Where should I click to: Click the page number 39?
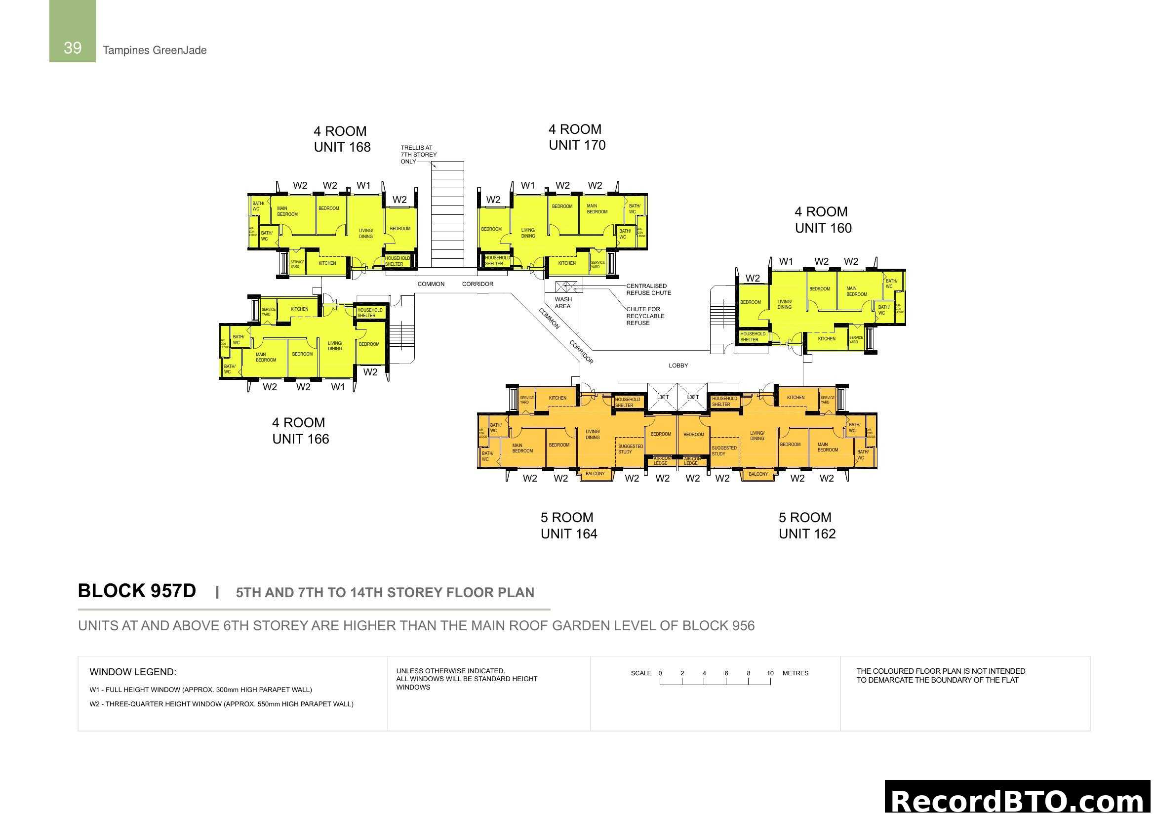[x=73, y=48]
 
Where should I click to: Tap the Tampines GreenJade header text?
[x=155, y=50]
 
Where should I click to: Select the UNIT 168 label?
[x=342, y=147]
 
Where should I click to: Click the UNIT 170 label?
[x=577, y=145]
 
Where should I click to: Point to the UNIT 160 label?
[x=823, y=228]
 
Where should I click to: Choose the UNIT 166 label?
[x=300, y=439]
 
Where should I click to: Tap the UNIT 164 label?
[x=568, y=534]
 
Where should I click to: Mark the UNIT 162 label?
[x=807, y=534]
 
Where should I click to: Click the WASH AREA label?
[x=563, y=303]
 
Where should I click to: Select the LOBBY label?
[x=678, y=366]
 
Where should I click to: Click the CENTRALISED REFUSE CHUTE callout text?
[x=648, y=289]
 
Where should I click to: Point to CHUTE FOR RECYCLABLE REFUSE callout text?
[x=645, y=316]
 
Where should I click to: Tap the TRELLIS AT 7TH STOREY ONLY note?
[x=418, y=155]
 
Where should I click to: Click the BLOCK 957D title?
[x=137, y=591]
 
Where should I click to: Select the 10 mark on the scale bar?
[x=770, y=673]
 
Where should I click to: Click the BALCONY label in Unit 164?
[x=595, y=474]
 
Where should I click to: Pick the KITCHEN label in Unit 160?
[x=827, y=339]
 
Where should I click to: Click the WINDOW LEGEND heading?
[x=133, y=672]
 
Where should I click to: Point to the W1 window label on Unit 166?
[x=338, y=387]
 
